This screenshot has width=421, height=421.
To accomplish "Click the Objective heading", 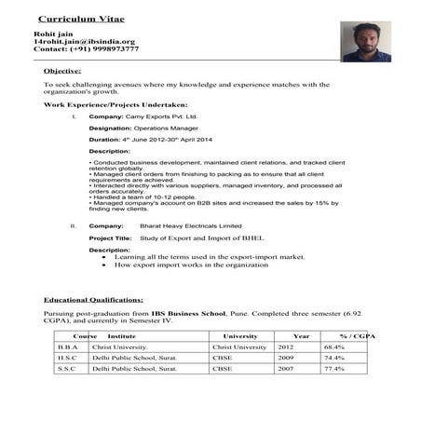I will coord(62,71).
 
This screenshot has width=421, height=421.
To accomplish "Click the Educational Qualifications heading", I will coord(93,301).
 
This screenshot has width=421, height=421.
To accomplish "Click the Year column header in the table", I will coord(301,335).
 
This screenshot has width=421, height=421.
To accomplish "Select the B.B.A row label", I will coord(66,346).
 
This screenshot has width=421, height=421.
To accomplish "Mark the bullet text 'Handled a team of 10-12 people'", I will coord(143,197).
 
